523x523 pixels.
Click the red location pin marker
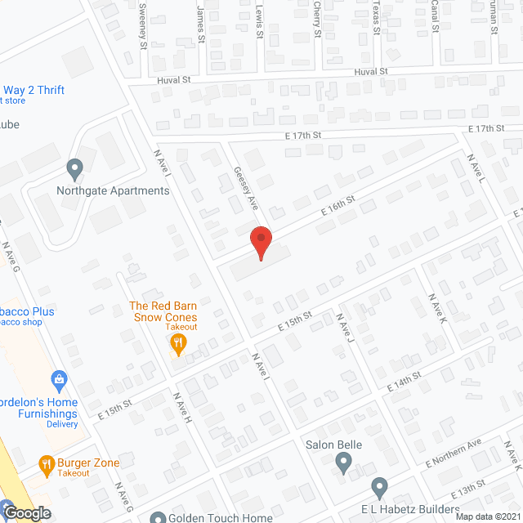point(260,243)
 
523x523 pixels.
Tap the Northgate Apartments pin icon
point(75,170)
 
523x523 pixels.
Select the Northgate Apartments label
point(113,191)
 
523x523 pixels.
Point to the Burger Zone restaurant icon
point(47,465)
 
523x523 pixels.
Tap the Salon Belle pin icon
point(344,463)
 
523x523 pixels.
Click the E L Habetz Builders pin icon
point(379,488)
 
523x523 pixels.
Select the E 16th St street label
point(337,204)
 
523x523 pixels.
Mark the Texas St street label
point(375,15)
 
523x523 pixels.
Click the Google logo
point(27,513)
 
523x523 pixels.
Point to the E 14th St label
point(405,380)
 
